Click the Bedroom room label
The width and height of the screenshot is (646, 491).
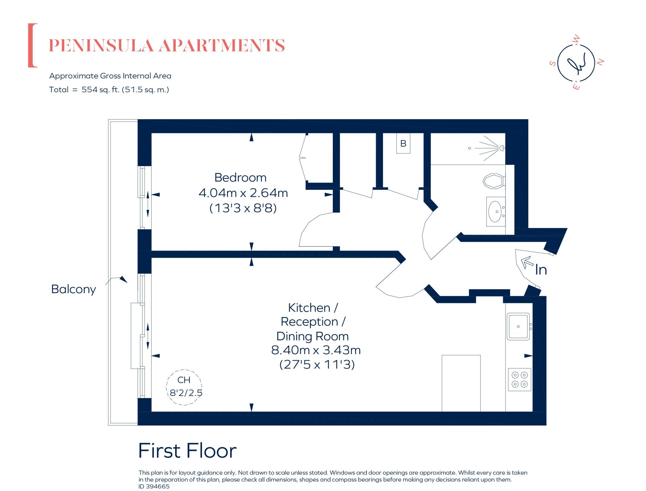(x=240, y=177)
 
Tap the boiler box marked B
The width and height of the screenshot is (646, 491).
(x=403, y=144)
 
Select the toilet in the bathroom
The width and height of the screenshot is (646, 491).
(x=493, y=181)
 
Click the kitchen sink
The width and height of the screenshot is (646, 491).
(x=518, y=326)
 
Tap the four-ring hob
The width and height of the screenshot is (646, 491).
(x=520, y=379)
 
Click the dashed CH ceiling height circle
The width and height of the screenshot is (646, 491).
(x=184, y=387)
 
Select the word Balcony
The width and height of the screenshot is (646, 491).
(x=73, y=289)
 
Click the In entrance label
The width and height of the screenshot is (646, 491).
(x=541, y=270)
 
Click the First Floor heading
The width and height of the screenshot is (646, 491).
(x=187, y=451)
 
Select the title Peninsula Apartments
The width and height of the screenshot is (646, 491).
(x=167, y=45)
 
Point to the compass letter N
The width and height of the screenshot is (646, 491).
(x=601, y=62)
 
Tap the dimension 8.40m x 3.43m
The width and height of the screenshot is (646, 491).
(x=316, y=350)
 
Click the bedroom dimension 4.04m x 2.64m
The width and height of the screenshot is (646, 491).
(x=243, y=193)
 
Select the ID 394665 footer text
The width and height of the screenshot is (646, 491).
(x=154, y=486)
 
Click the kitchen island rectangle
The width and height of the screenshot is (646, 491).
(x=461, y=383)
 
